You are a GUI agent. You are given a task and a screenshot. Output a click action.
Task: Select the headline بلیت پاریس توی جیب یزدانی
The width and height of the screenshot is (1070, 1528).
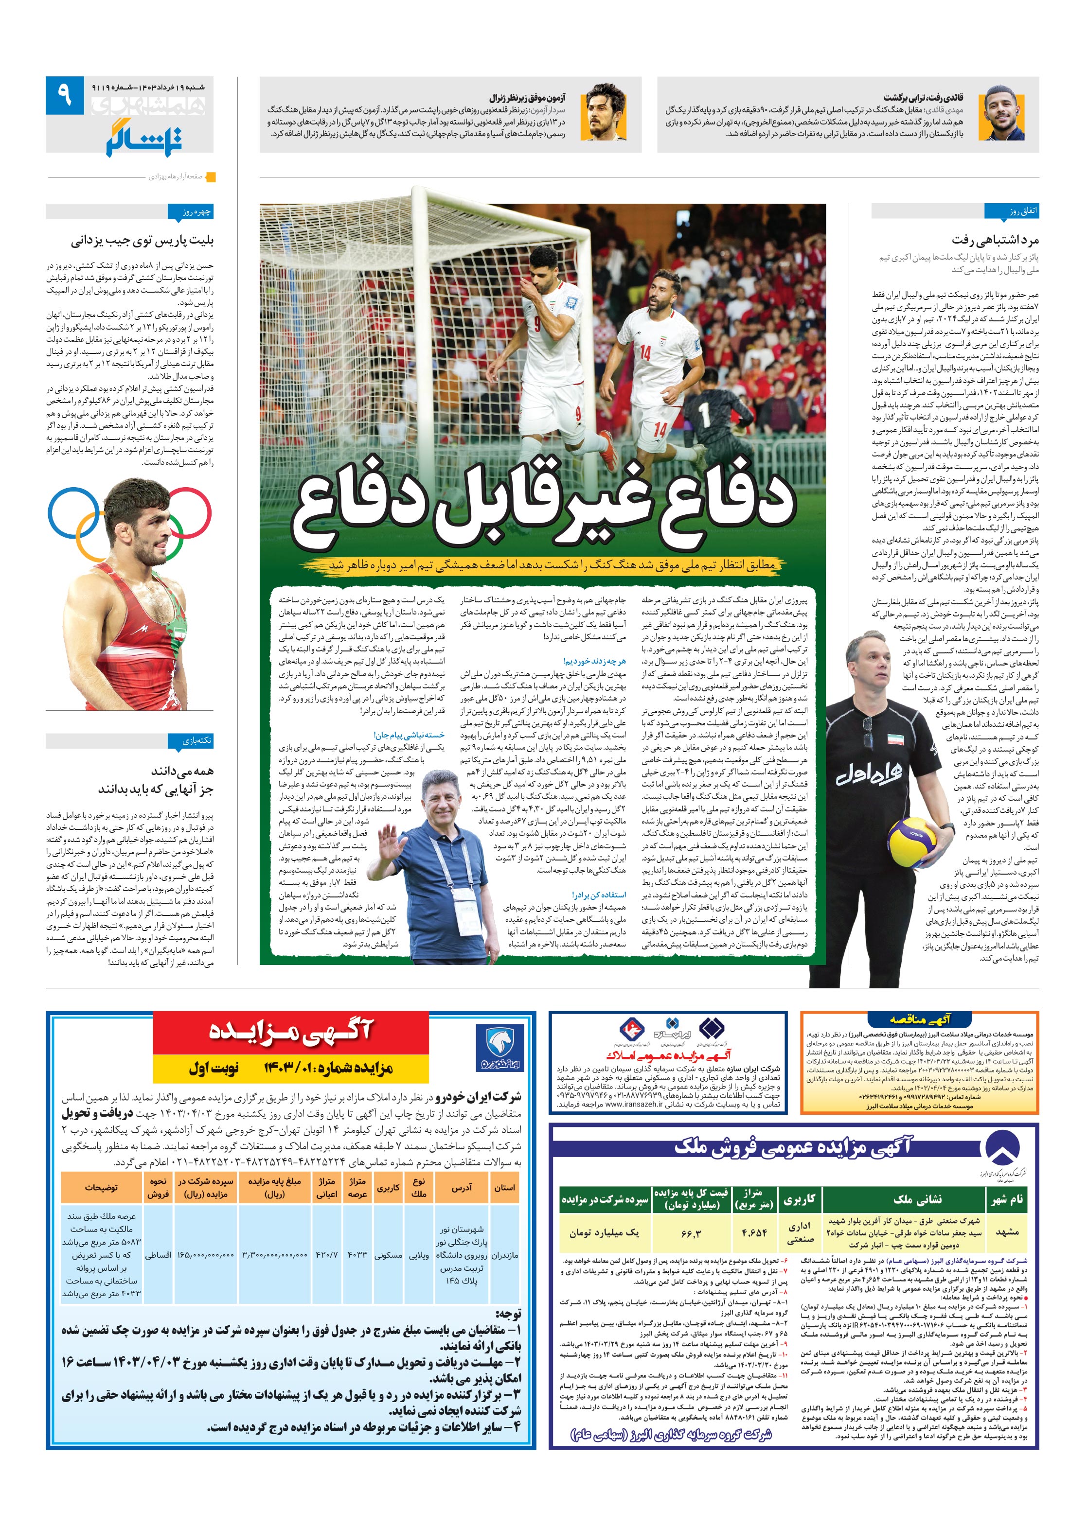pyautogui.click(x=143, y=240)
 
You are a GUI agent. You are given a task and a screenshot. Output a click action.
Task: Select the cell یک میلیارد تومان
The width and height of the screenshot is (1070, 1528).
pyautogui.click(x=603, y=1232)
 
